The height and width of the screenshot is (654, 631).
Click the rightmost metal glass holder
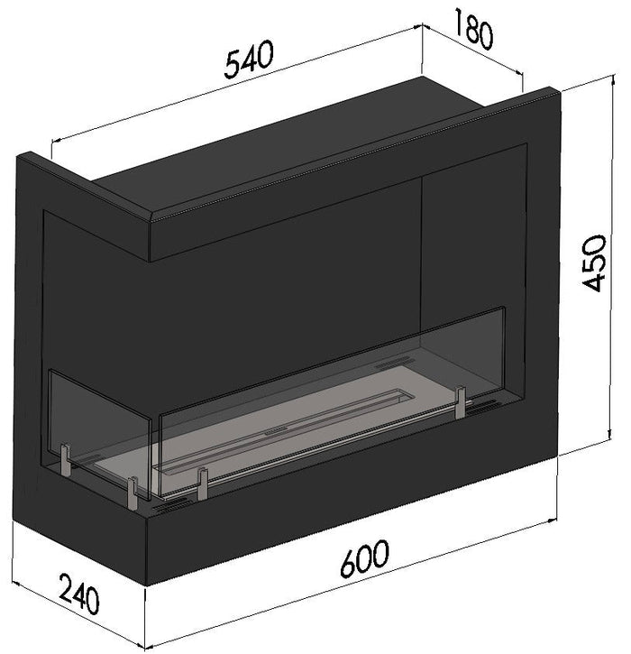pos(461,402)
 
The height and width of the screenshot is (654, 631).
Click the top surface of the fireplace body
pos(297,144)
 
